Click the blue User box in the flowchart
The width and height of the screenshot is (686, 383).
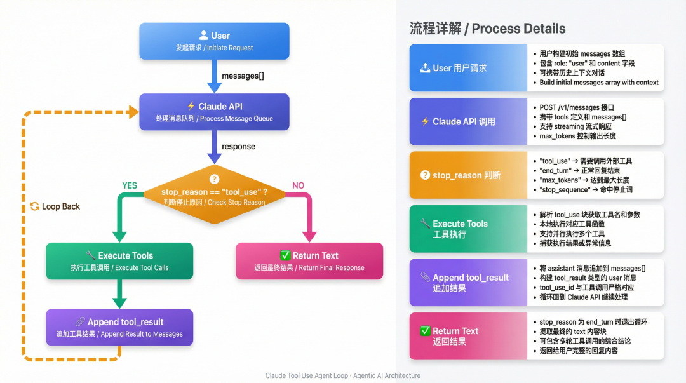(214, 41)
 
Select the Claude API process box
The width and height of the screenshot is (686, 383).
(214, 112)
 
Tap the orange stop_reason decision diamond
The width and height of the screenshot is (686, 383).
(214, 194)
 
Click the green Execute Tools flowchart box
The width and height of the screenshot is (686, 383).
(119, 261)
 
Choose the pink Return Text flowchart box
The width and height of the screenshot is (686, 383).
(309, 261)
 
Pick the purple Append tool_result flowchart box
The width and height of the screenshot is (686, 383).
(119, 327)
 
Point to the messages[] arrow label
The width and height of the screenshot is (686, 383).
(243, 76)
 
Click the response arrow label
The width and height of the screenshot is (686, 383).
(238, 147)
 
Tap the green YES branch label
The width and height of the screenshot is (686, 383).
(130, 185)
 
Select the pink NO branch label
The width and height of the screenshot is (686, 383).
(298, 185)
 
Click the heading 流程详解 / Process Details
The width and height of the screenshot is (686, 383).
(487, 29)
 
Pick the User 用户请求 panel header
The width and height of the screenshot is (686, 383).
(468, 68)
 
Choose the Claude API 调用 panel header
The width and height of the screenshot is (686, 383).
(468, 121)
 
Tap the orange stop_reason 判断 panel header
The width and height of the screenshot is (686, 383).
(468, 175)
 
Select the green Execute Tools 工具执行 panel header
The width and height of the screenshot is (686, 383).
(468, 229)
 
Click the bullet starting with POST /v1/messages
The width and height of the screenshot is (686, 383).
(577, 108)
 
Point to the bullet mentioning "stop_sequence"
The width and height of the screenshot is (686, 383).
(586, 190)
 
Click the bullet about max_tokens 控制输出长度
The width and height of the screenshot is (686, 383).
(577, 136)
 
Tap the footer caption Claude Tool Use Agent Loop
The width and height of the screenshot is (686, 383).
(343, 375)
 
